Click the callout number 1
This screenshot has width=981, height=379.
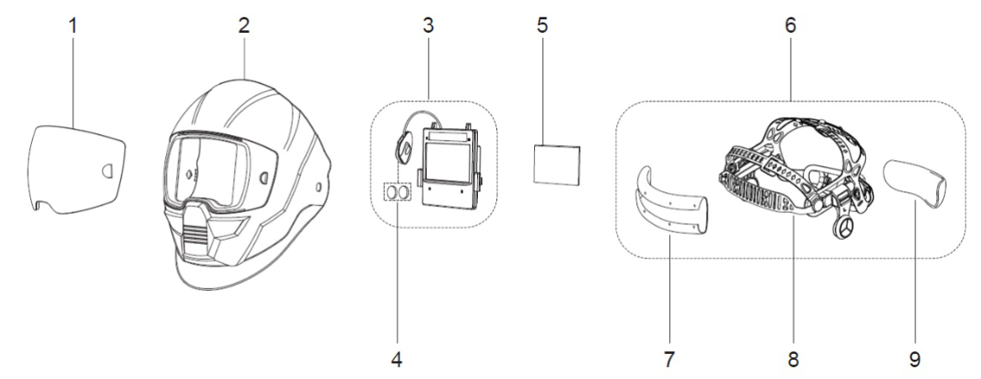(x=72, y=26)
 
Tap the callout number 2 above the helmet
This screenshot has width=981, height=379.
(x=244, y=26)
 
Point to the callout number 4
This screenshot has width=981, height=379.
(x=398, y=360)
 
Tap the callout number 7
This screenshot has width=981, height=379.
(x=669, y=360)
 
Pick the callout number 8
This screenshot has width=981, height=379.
(x=792, y=360)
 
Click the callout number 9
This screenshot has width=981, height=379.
(x=915, y=360)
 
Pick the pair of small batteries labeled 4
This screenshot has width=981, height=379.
(x=398, y=192)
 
